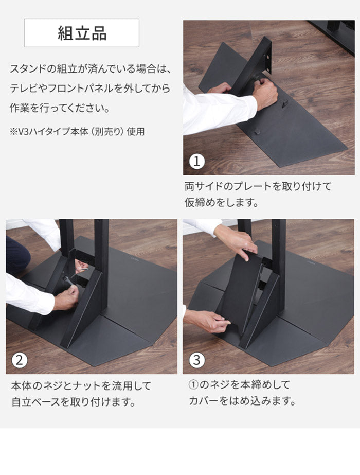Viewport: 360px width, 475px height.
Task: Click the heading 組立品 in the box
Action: (x=82, y=33)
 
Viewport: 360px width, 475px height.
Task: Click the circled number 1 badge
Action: (x=197, y=162)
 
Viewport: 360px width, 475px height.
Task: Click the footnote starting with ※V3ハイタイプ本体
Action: (x=77, y=132)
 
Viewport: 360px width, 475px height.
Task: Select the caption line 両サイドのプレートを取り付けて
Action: (x=258, y=186)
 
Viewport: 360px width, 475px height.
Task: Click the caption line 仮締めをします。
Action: (x=221, y=203)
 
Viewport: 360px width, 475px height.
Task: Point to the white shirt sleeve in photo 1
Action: (x=216, y=110)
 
